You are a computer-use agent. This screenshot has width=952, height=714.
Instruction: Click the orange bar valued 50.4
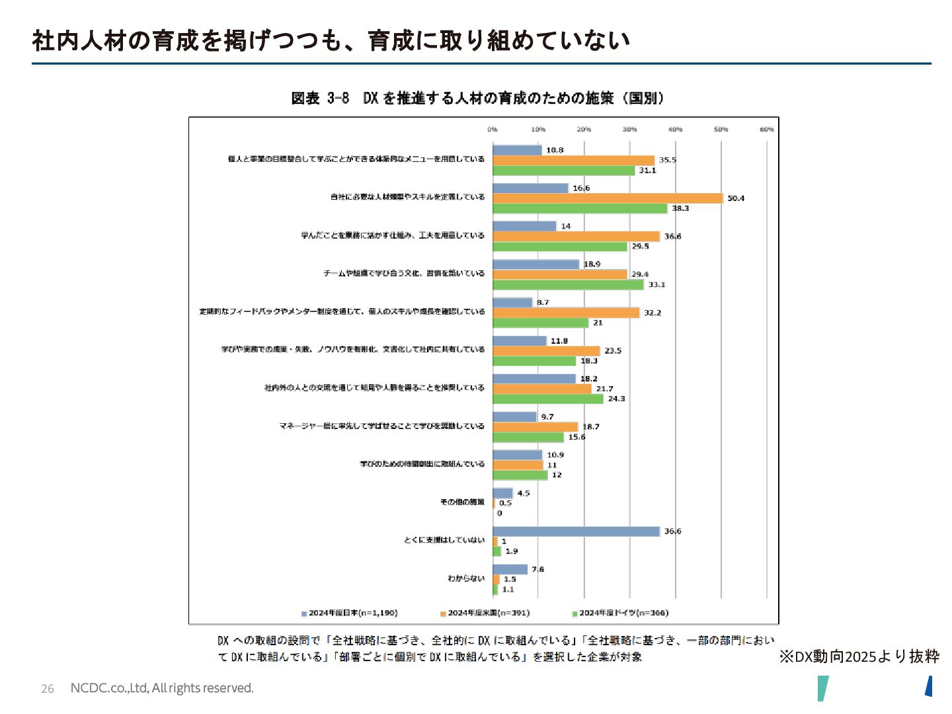(x=608, y=198)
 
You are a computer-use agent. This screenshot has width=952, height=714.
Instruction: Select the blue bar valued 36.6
(x=576, y=532)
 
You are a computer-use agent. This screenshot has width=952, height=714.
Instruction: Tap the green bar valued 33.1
(x=568, y=285)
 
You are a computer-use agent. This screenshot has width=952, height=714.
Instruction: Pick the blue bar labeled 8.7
(x=512, y=302)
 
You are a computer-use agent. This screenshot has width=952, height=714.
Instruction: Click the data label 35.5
(x=667, y=160)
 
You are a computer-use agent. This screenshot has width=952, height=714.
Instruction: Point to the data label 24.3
(x=616, y=399)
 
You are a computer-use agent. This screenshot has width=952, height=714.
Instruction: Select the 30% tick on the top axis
(x=629, y=130)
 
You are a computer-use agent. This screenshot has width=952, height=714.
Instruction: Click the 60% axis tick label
(x=766, y=130)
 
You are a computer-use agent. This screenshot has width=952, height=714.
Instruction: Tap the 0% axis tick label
(x=493, y=130)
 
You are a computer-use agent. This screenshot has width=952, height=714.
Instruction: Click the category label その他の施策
(x=462, y=502)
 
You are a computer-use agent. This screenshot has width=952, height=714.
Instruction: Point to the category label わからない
(x=466, y=578)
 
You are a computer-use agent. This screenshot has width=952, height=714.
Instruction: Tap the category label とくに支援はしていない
(x=444, y=540)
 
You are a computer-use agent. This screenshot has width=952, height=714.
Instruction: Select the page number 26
(x=48, y=689)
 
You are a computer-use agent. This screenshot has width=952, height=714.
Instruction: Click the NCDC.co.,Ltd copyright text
(x=162, y=688)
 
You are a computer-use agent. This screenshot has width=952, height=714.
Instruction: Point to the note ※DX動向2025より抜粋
(x=859, y=656)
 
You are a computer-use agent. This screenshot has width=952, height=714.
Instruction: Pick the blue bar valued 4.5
(x=502, y=493)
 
